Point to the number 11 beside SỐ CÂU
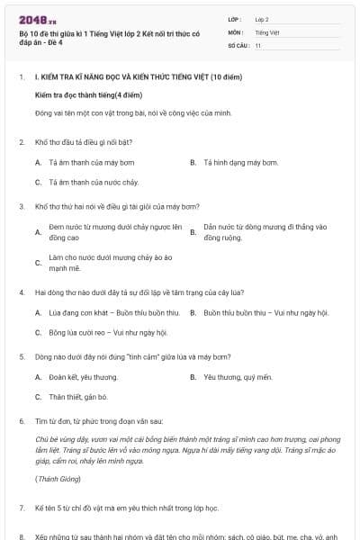(x=258, y=45)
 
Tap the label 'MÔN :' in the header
(x=237, y=31)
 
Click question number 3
(x=22, y=207)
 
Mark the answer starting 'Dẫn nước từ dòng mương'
(x=265, y=232)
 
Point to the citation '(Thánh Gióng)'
(x=57, y=479)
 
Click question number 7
(x=22, y=508)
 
